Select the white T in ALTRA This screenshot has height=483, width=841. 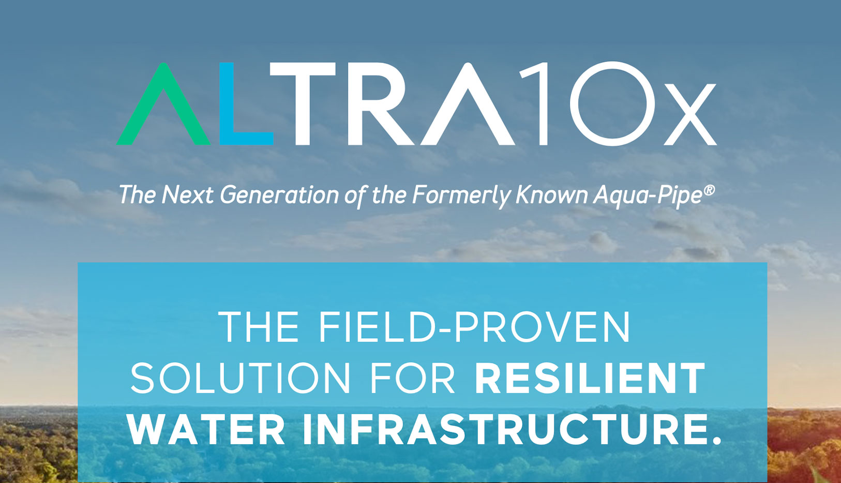tap(302, 104)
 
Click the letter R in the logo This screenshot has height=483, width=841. tap(379, 104)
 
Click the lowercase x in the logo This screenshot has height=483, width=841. tap(690, 114)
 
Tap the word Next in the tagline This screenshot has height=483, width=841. tap(187, 194)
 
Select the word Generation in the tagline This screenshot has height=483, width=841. tap(279, 194)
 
